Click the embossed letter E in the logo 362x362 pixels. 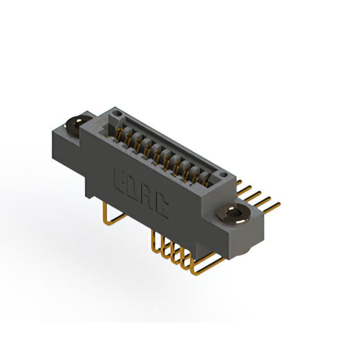pyautogui.click(x=120, y=179)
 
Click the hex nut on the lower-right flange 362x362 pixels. pyautogui.click(x=233, y=214)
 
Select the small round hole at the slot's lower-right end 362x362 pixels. pyautogui.click(x=223, y=175)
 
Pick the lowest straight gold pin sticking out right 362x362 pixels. pyautogui.click(x=271, y=207)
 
